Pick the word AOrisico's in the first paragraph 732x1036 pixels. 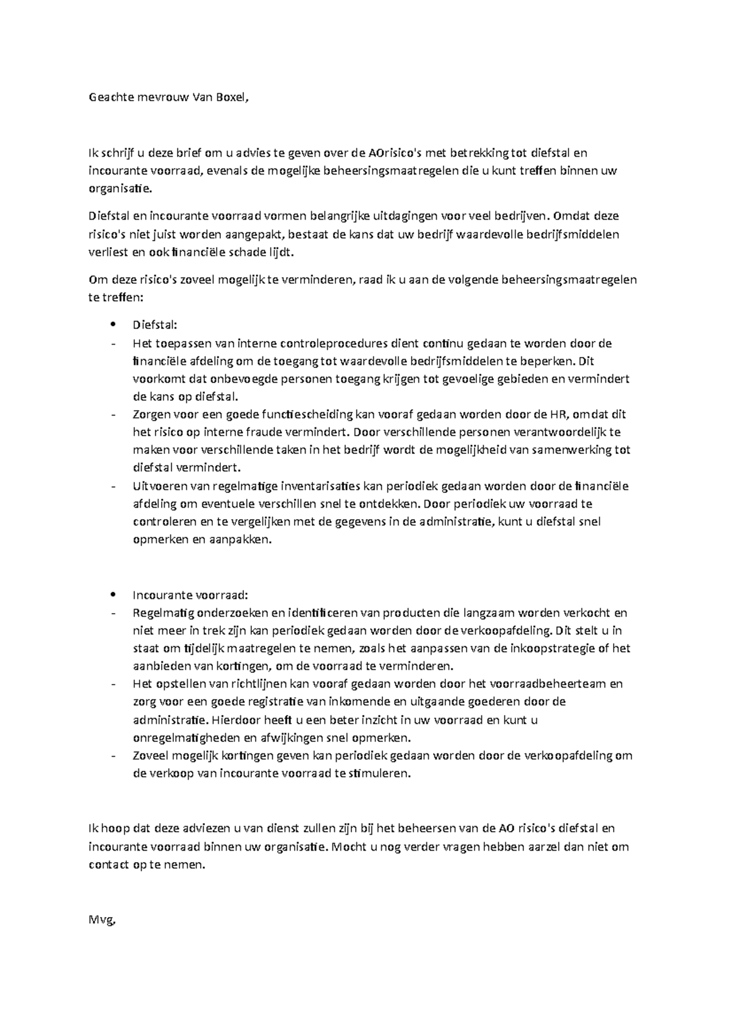tap(395, 153)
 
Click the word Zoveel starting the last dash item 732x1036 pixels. tap(149, 755)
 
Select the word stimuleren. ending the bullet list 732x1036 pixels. tap(380, 774)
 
